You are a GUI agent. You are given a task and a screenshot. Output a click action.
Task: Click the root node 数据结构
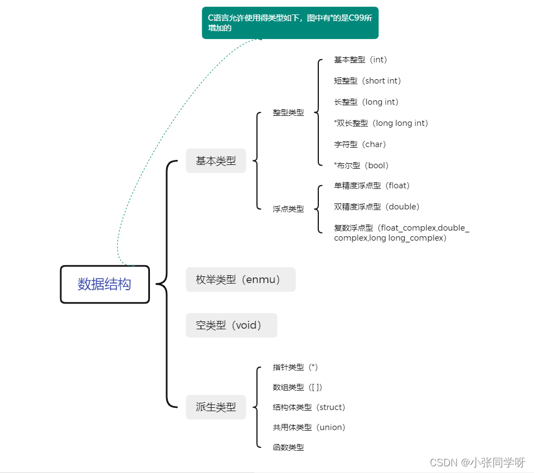105,284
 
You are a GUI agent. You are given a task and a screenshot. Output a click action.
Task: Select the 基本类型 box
216,161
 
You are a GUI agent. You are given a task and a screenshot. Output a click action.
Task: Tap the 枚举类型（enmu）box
240,280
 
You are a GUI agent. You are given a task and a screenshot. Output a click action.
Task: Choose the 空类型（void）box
231,325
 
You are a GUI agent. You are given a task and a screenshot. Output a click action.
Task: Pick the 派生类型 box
216,407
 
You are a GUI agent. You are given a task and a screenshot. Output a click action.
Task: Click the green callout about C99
290,23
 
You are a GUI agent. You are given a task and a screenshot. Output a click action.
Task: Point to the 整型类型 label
288,113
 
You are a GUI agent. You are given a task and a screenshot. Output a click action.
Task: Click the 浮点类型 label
288,209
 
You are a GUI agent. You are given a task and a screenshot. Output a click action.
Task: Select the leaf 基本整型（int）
361,60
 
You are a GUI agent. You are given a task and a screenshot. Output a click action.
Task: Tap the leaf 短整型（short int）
367,81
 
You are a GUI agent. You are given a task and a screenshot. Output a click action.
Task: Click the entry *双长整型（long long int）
381,123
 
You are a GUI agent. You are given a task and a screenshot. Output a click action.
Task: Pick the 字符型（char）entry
360,144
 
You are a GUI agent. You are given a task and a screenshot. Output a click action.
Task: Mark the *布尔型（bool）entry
361,165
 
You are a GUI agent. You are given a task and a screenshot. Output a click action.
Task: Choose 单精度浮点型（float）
372,186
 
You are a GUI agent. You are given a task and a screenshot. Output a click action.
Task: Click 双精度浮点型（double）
377,207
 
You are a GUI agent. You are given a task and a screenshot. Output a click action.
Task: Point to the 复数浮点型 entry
401,233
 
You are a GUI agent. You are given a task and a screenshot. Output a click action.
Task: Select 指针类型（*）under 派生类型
295,367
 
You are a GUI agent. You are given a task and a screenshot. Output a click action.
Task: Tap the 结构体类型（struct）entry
309,407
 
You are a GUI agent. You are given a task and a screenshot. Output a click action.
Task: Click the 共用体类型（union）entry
309,427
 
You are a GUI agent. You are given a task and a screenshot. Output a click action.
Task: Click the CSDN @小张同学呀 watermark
478,462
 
